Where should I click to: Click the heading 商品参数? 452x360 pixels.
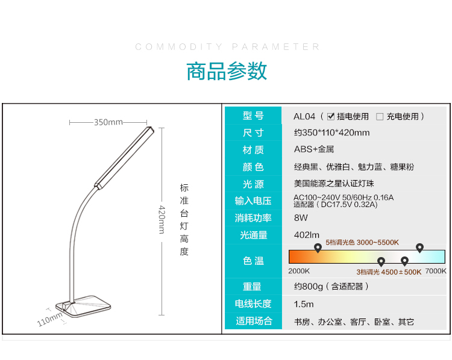227,71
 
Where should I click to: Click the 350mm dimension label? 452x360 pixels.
108,122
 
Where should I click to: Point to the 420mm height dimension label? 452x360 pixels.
162,219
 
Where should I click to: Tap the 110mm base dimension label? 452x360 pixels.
49,319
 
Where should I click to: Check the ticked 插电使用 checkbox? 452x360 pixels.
331,116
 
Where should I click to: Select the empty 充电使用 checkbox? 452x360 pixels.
380,117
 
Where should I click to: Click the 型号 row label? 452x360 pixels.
253,116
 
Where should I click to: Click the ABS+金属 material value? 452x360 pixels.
314,149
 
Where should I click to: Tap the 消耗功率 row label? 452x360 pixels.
253,218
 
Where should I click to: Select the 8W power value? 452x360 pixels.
301,218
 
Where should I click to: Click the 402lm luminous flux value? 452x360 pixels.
307,235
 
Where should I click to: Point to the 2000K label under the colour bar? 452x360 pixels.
299,271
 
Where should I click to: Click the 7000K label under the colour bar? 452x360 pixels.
436,271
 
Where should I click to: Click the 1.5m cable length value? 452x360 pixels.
304,304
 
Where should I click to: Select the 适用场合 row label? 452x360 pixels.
254,321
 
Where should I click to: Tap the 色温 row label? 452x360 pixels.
253,261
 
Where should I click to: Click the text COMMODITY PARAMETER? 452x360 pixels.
227,47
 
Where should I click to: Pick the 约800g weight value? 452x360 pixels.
309,287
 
